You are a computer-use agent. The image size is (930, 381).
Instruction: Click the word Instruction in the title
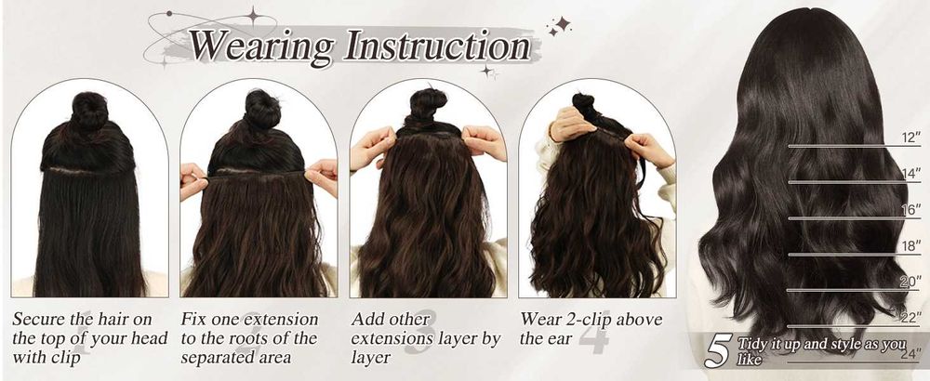click(x=438, y=45)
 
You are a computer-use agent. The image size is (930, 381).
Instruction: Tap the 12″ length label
click(x=910, y=138)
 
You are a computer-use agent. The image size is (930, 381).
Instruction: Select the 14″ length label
click(x=910, y=174)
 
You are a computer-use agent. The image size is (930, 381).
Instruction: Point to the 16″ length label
click(x=910, y=210)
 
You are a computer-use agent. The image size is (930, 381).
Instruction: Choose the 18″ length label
click(x=910, y=246)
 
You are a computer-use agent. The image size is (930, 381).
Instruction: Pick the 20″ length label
click(x=910, y=282)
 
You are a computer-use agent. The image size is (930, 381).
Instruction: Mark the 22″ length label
click(x=910, y=318)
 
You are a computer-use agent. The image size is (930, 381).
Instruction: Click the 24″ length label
click(x=910, y=354)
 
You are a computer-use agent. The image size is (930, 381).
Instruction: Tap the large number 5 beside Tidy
click(x=718, y=352)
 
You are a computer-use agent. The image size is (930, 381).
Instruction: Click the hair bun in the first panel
click(x=89, y=111)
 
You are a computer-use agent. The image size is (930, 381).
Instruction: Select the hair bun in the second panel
click(x=261, y=109)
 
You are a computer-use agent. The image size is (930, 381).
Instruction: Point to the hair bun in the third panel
click(x=428, y=105)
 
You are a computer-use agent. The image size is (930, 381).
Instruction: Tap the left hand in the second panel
click(x=193, y=180)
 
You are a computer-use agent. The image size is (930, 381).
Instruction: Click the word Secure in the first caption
click(x=39, y=319)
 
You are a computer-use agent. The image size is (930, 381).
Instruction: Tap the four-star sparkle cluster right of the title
click(x=558, y=26)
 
